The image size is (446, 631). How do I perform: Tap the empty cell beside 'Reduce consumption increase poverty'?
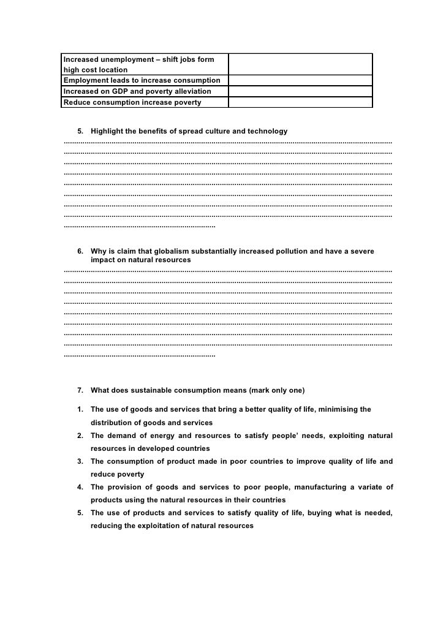coord(300,102)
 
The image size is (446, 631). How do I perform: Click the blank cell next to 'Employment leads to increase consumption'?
coord(300,80)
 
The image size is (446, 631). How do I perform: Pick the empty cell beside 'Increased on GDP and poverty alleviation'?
coord(300,91)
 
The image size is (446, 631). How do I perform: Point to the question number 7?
coord(80,390)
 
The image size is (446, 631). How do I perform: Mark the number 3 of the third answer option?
coord(80,462)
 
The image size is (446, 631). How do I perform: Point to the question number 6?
coord(80,251)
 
